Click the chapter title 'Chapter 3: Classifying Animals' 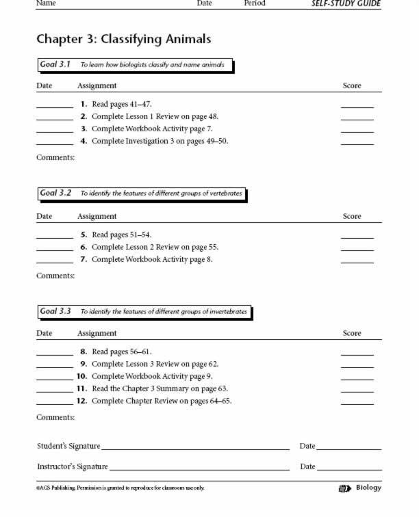(123, 39)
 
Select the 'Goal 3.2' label (56, 194)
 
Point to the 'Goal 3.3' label (56, 311)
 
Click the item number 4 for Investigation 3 (84, 142)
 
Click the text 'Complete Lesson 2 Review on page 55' (155, 248)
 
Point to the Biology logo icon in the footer (344, 488)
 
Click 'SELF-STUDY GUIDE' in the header (346, 3)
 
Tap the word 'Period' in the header (254, 3)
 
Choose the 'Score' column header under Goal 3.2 (352, 216)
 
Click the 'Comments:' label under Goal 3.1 (55, 158)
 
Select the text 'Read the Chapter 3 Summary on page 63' (160, 388)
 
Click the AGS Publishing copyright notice (120, 488)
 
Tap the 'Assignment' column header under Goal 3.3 (97, 334)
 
